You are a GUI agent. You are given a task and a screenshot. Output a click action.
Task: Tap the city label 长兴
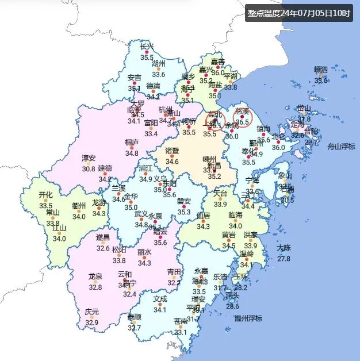[x=147, y=47]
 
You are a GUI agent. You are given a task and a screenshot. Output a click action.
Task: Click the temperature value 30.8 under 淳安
[x=89, y=168]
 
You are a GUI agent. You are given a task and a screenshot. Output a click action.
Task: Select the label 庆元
[x=92, y=312]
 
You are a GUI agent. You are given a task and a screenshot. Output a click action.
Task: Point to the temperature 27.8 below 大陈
[x=284, y=259]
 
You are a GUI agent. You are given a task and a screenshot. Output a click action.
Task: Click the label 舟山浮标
[x=342, y=147]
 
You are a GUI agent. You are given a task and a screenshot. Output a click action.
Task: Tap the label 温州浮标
[x=248, y=318]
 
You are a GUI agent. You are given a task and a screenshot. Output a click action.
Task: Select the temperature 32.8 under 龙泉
[x=95, y=287]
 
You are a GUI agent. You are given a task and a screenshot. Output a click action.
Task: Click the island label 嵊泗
[x=320, y=70]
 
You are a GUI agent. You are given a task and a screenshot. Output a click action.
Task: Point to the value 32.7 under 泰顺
[x=135, y=328]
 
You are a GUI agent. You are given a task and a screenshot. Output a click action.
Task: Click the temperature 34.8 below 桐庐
[x=132, y=153]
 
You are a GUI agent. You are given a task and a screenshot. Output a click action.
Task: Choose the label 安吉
[x=135, y=78]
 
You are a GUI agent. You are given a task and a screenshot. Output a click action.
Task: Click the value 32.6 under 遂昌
[x=103, y=248]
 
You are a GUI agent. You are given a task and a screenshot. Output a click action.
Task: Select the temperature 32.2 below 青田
[x=174, y=282]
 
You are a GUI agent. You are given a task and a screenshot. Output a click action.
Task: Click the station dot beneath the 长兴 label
[x=147, y=52]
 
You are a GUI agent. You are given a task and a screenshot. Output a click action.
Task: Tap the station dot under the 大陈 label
[x=284, y=254]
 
